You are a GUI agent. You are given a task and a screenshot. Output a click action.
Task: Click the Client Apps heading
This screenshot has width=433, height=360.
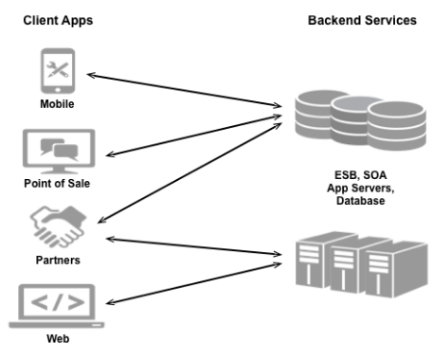pyautogui.click(x=58, y=21)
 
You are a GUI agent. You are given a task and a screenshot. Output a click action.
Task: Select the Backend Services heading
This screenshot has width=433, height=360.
pyautogui.click(x=362, y=20)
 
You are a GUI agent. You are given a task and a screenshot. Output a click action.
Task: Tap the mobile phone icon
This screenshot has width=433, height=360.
pyautogui.click(x=58, y=71)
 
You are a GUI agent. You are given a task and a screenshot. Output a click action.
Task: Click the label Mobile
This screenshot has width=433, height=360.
pyautogui.click(x=57, y=104)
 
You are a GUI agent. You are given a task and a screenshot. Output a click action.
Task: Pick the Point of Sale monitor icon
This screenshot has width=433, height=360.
pyautogui.click(x=59, y=152)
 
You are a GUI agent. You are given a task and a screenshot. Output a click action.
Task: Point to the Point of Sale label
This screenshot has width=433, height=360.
pyautogui.click(x=57, y=183)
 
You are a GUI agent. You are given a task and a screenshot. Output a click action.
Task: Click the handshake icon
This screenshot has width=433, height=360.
pyautogui.click(x=58, y=226)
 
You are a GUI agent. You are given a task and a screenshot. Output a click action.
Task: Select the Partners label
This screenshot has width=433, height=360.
pyautogui.click(x=58, y=260)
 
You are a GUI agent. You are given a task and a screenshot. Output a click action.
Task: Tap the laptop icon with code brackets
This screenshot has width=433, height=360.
pyautogui.click(x=57, y=306)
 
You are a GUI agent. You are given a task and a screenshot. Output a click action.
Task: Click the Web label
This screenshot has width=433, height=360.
pyautogui.click(x=58, y=338)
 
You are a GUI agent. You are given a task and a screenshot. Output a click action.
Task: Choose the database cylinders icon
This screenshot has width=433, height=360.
pyautogui.click(x=361, y=120)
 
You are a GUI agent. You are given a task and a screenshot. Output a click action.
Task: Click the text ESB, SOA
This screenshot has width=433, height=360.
pyautogui.click(x=360, y=174)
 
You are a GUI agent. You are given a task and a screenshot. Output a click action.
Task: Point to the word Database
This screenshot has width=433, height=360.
pyautogui.click(x=360, y=201)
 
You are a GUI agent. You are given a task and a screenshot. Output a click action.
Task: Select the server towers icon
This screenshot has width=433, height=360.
pyautogui.click(x=362, y=264)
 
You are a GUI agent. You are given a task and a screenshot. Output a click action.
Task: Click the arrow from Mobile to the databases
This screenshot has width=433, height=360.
pyautogui.click(x=184, y=91)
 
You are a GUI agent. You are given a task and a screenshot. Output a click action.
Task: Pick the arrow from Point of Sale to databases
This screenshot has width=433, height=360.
pyautogui.click(x=193, y=135)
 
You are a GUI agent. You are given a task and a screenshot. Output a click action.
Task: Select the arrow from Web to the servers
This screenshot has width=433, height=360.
pyautogui.click(x=193, y=283)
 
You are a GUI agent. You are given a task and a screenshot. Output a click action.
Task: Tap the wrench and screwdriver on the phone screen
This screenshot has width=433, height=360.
pyautogui.click(x=58, y=69)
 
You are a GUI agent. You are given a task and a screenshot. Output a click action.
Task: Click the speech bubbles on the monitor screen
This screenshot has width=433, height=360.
pyautogui.click(x=59, y=149)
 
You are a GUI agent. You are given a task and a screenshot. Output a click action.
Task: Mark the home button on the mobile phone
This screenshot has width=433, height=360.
pyautogui.click(x=58, y=90)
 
